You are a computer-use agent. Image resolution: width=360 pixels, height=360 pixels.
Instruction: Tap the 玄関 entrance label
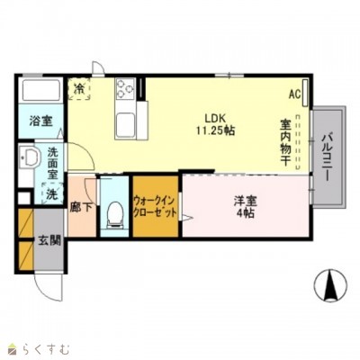[x=49, y=240]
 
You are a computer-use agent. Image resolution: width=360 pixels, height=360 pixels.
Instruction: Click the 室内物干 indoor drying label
[x=284, y=142]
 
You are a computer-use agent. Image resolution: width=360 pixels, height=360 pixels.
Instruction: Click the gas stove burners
[x=125, y=88]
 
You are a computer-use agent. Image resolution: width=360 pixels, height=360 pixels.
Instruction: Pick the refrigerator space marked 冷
[x=81, y=88]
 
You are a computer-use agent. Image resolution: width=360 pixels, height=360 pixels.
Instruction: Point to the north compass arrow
[x=329, y=285]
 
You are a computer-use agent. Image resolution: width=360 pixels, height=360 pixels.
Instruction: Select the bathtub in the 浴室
[x=39, y=91]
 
